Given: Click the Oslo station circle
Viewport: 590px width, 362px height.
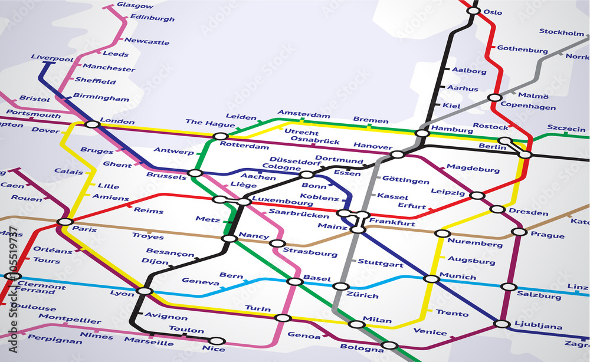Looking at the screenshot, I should [x=473, y=11].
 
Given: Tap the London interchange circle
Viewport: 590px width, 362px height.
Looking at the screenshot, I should [x=92, y=124].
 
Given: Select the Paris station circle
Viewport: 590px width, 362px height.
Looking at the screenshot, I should [x=65, y=222].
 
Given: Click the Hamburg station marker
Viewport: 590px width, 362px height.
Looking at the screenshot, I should [x=422, y=133].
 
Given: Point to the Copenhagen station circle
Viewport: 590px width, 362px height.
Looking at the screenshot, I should [x=495, y=98].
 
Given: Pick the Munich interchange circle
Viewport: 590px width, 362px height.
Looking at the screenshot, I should [x=432, y=278].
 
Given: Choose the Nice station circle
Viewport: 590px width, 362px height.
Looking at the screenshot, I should [x=217, y=341].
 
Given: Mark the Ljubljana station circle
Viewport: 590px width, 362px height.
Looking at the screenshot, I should [x=501, y=324].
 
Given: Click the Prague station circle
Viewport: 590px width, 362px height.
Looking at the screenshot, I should [x=519, y=232].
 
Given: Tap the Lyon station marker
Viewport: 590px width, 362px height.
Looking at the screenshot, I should [x=145, y=291].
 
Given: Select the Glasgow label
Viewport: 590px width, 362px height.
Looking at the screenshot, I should [x=135, y=5].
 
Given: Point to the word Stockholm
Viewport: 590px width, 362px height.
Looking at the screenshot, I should [x=561, y=32].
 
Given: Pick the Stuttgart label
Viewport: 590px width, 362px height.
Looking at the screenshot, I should [x=381, y=264].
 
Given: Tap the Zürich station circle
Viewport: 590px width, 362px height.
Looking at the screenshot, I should [x=341, y=287].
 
